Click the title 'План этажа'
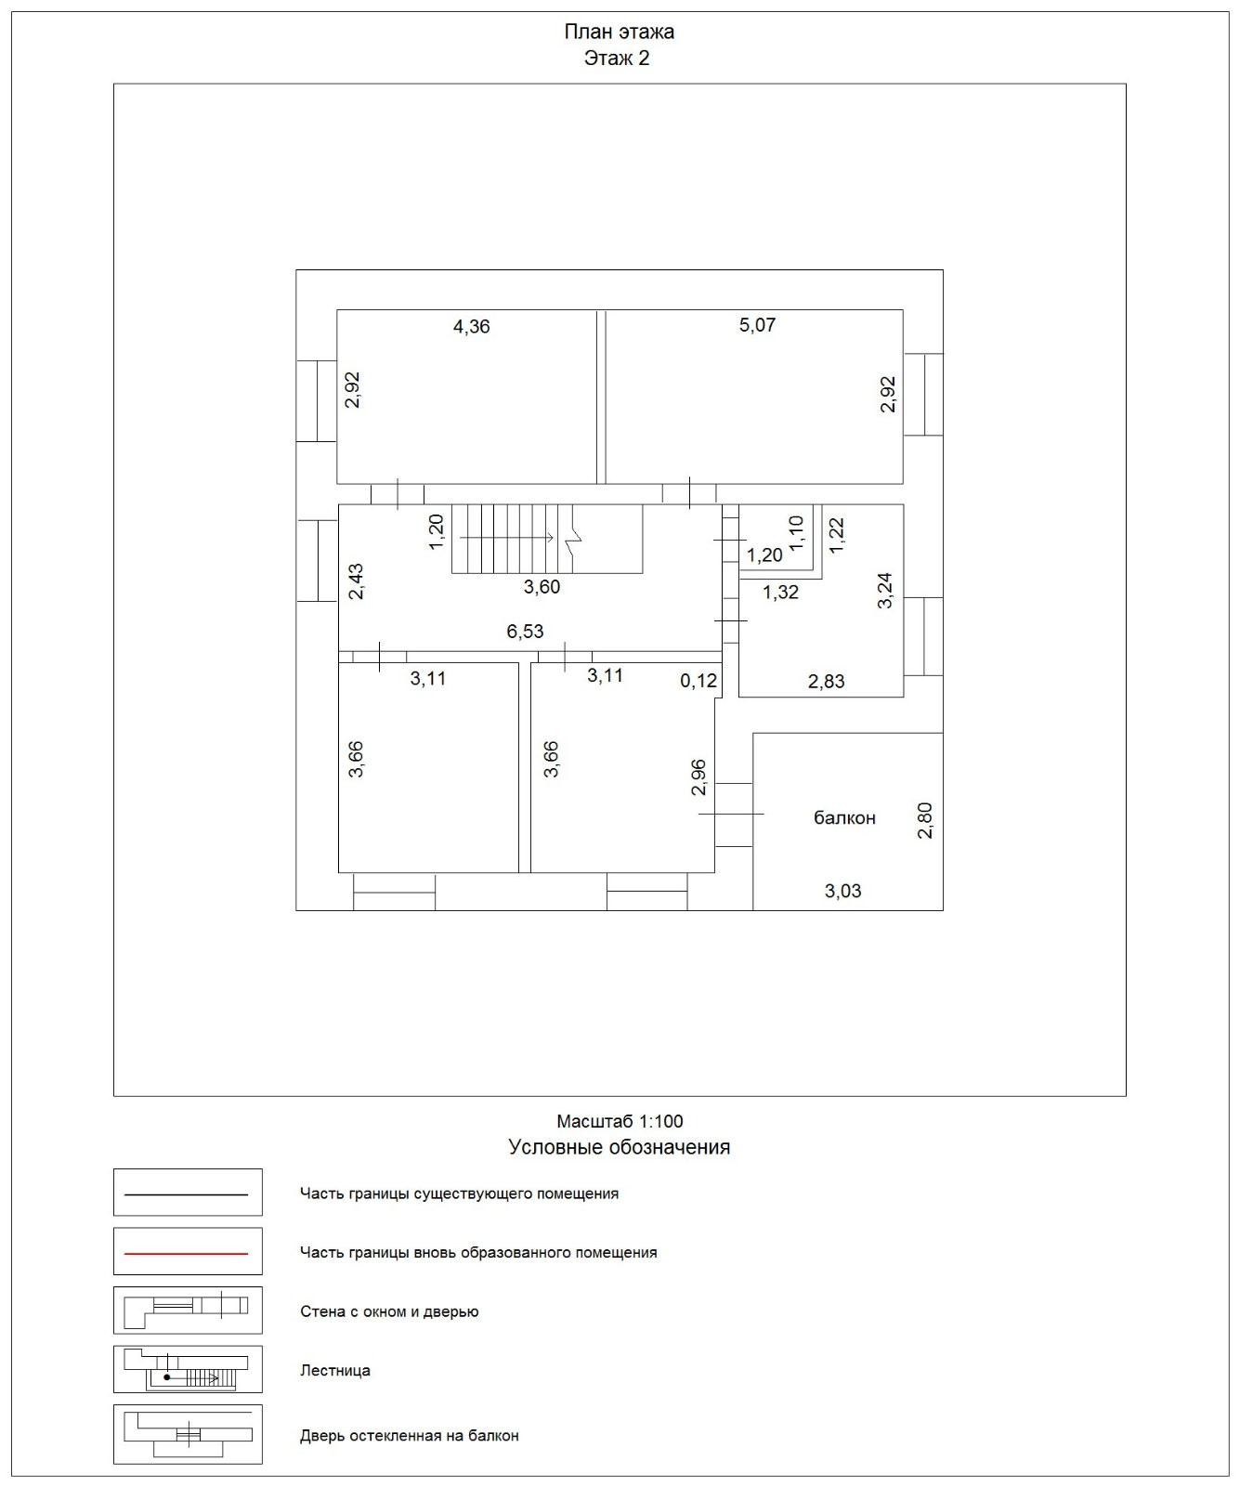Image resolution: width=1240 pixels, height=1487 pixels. tap(619, 32)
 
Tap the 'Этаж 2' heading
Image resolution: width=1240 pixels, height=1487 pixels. tap(617, 59)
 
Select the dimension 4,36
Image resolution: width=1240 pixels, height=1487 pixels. tap(471, 327)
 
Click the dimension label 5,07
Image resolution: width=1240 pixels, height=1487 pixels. tap(757, 325)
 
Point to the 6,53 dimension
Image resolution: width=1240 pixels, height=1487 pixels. tap(525, 632)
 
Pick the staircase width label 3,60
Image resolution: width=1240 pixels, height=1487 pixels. tap(542, 587)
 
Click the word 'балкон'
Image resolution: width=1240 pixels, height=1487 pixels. tap(844, 818)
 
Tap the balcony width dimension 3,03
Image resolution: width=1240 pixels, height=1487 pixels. tap(842, 892)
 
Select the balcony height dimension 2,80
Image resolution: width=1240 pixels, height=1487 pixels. tap(925, 820)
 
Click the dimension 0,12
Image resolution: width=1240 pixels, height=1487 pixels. tap(698, 681)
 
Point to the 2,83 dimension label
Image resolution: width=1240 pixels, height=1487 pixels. tap(826, 682)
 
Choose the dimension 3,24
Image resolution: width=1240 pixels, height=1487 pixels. tap(885, 590)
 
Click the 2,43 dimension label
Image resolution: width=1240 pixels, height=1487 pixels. tap(356, 581)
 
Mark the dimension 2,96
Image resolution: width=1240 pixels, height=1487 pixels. tap(699, 777)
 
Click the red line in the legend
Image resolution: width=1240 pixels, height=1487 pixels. tap(187, 1253)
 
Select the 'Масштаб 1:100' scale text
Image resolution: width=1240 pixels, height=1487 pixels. tap(620, 1121)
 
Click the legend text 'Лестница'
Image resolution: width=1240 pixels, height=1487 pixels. tap(335, 1370)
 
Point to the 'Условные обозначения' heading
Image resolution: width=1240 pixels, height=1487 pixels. tap(619, 1147)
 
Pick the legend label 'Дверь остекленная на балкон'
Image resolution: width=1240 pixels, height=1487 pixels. tap(409, 1436)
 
